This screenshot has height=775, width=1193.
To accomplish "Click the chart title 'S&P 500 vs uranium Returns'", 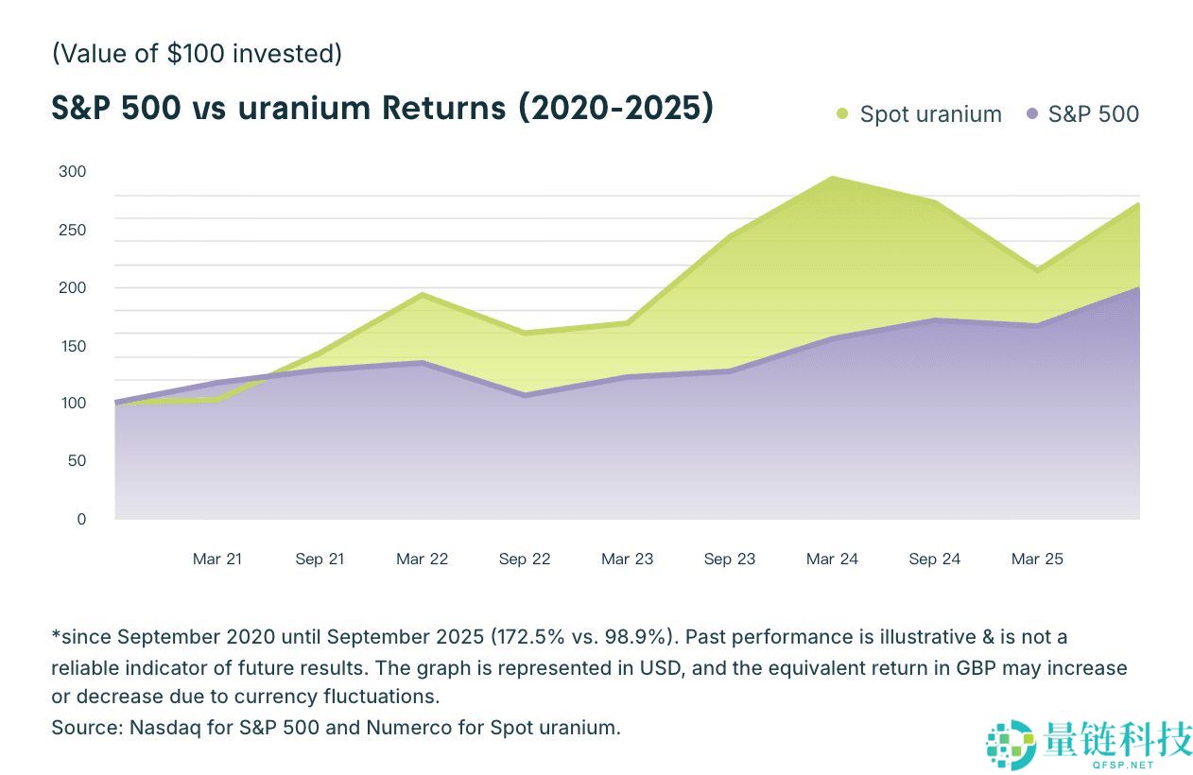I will point(382,108).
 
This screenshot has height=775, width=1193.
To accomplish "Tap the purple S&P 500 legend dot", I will point(1032,114).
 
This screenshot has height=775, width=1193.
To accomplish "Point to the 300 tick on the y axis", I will point(72,171).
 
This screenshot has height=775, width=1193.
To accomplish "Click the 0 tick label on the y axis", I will point(81,519).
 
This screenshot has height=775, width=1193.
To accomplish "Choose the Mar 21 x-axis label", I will point(217,559).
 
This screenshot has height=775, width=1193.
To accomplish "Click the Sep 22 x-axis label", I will point(525,559).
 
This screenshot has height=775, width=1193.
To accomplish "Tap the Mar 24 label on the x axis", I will point(832,559).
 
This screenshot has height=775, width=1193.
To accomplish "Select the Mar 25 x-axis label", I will point(1037,559).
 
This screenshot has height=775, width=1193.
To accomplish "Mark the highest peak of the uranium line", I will point(832,178).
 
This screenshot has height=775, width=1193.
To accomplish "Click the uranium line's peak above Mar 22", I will point(423,295).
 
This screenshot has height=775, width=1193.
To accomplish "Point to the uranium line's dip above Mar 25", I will point(1037,270).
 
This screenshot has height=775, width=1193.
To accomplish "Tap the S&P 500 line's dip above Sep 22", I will point(525,395).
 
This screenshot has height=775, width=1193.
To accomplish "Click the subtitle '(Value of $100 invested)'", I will point(197,53).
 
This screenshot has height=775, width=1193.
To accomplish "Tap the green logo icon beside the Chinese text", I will point(1010,744).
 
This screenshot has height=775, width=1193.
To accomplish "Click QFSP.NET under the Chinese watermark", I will point(1120,764).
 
